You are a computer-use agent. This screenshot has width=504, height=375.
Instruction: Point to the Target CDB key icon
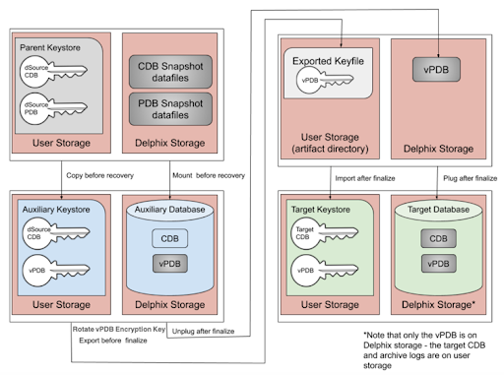(x=312, y=236)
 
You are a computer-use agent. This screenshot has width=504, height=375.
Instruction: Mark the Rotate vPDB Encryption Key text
(x=116, y=328)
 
